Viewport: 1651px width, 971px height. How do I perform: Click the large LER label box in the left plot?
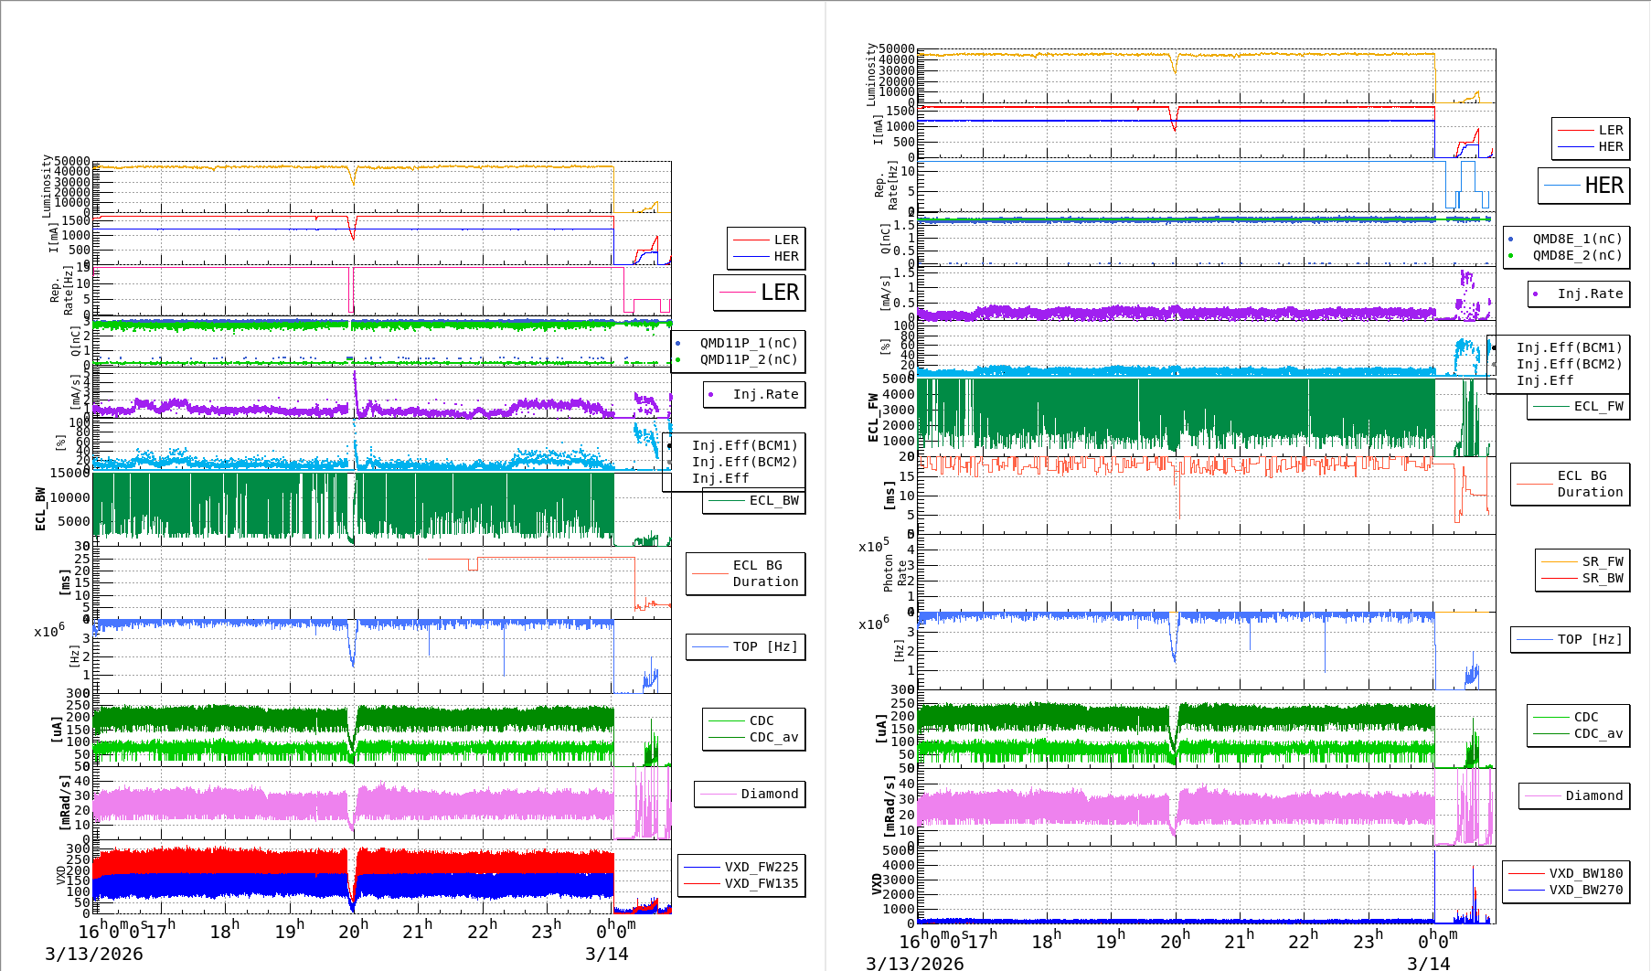coord(760,293)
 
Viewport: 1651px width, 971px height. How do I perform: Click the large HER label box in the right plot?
coord(1584,186)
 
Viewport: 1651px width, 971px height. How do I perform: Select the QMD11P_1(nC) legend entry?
coord(748,343)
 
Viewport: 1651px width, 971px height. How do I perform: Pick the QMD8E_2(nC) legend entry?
coord(1576,255)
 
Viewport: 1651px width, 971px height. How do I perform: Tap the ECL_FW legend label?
coord(1598,406)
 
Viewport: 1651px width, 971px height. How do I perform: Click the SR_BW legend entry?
coord(1602,578)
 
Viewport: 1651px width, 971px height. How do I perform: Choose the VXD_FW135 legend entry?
coord(761,883)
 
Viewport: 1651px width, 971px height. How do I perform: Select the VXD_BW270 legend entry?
coord(1585,890)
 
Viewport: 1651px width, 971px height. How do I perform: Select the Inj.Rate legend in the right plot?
coord(1590,293)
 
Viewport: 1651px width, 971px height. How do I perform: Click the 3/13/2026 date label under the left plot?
coord(94,954)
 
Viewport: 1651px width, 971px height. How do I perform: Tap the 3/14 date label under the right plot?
coord(1428,963)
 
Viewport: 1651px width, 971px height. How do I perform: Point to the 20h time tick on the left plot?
coord(353,931)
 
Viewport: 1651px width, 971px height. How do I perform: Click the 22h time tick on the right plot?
coord(1303,941)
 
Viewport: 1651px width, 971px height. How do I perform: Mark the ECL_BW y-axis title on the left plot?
coord(40,508)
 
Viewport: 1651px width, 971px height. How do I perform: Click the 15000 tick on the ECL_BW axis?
coord(69,473)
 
